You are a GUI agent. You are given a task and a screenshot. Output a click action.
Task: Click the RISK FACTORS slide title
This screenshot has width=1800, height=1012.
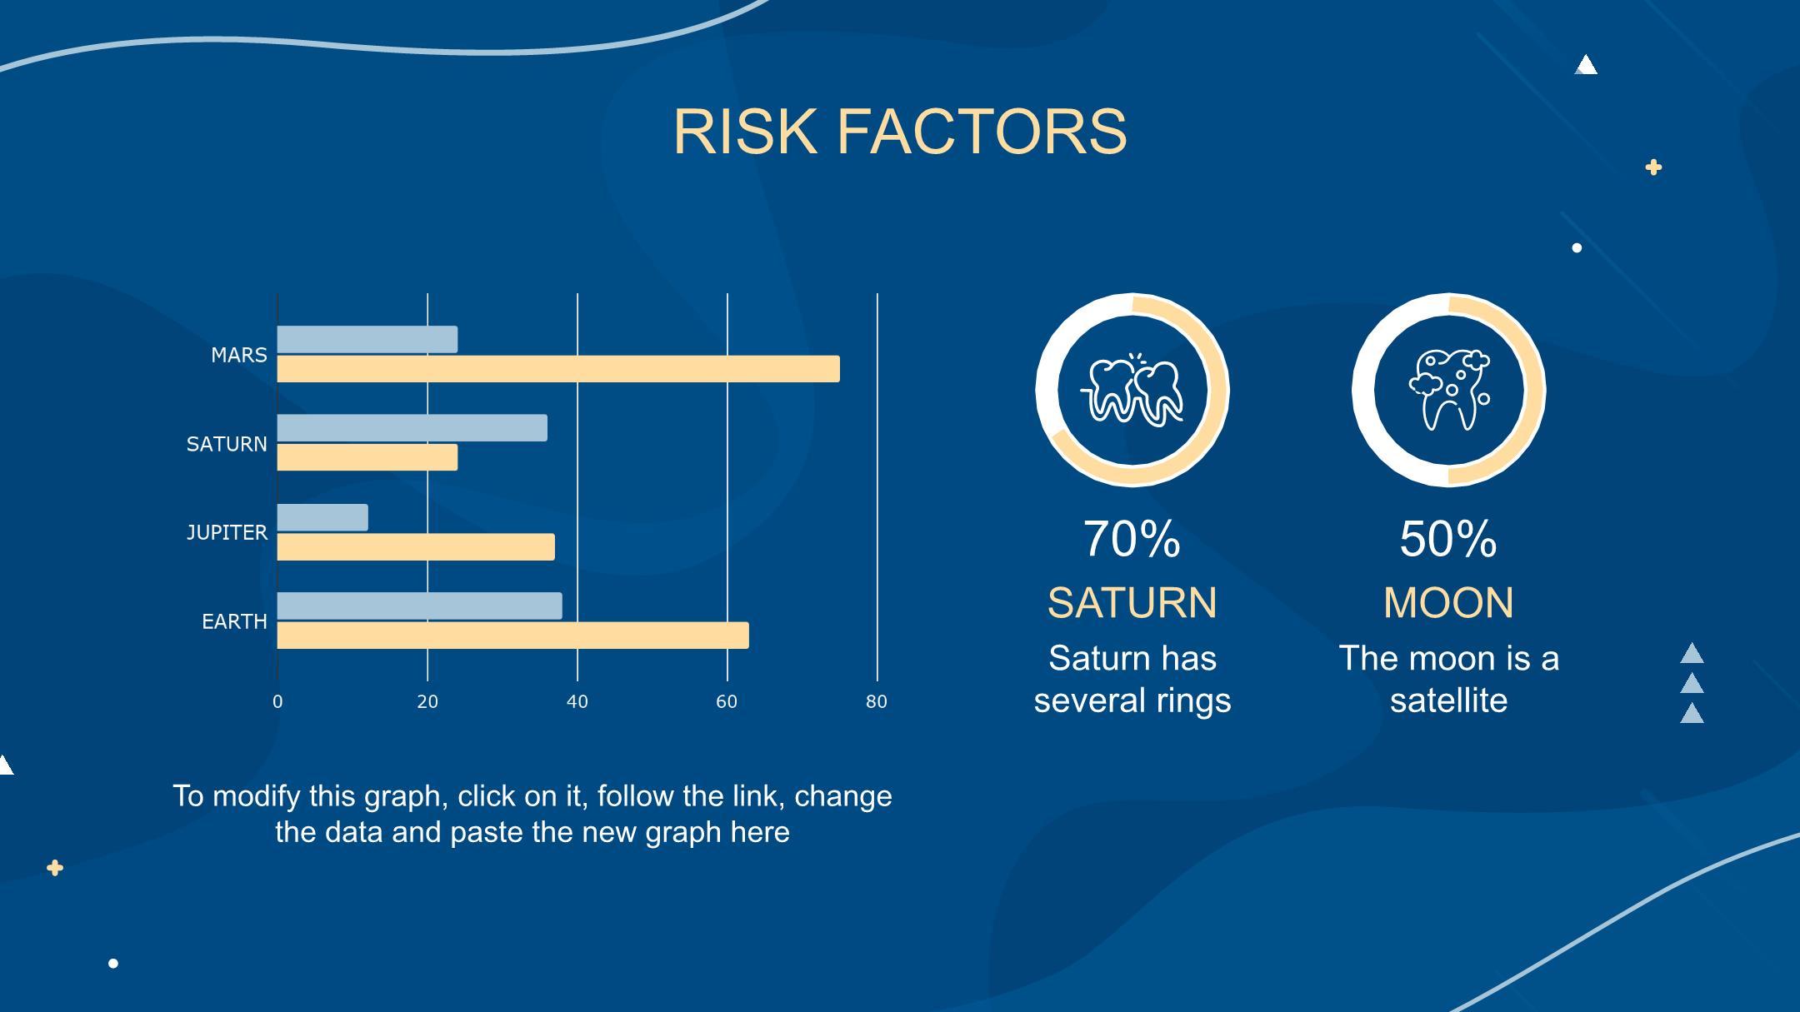(x=899, y=132)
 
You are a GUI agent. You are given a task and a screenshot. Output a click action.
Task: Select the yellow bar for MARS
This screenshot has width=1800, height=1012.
(x=558, y=369)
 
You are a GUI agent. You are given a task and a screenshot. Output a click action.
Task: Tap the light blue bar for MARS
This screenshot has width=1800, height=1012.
(x=367, y=339)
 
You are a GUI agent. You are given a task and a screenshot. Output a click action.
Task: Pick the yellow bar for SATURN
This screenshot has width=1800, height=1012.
(x=367, y=457)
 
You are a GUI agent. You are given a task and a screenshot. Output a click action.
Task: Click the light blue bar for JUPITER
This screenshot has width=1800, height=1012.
(x=322, y=517)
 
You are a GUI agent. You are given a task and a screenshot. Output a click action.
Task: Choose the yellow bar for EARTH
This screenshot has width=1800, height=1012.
(x=513, y=636)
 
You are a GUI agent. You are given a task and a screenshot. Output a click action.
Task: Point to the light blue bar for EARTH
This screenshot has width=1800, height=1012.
(x=420, y=606)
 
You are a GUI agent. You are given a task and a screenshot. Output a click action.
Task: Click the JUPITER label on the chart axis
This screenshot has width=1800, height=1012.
(x=227, y=532)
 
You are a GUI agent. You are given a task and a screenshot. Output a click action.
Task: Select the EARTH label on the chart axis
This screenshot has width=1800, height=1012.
(x=234, y=621)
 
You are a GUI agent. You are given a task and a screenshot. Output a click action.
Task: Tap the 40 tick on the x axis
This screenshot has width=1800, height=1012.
(x=577, y=702)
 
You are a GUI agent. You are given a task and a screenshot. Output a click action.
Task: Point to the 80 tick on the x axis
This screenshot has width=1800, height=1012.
(x=877, y=702)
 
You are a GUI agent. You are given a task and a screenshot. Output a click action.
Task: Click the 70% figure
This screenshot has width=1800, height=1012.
(x=1132, y=539)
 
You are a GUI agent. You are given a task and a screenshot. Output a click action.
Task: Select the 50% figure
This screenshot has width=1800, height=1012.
(x=1448, y=539)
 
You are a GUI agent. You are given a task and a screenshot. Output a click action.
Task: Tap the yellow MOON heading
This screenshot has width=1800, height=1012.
(x=1448, y=603)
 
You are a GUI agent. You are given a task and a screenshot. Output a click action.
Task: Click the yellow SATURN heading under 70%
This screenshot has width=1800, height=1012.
(x=1132, y=603)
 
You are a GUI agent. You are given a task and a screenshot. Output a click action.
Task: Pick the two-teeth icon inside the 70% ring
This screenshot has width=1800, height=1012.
(x=1132, y=389)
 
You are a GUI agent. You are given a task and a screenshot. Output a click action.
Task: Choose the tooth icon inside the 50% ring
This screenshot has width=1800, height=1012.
(x=1449, y=390)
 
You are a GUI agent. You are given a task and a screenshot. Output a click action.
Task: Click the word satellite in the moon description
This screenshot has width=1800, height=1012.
(x=1448, y=700)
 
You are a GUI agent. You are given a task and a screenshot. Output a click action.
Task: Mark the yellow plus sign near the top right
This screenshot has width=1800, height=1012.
(x=1653, y=167)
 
